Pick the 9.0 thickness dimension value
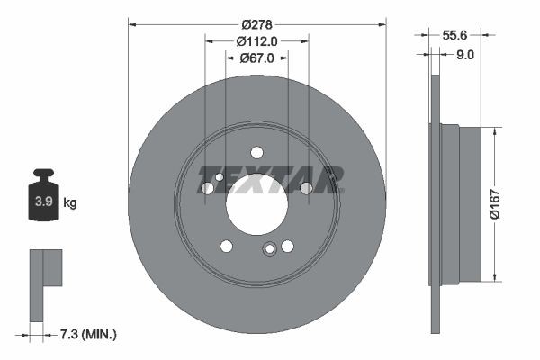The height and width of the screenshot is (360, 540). point(465,55)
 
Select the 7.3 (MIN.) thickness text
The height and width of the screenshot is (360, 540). point(87,335)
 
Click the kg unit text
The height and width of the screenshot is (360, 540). point(70,203)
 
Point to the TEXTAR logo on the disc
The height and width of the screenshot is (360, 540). point(270,178)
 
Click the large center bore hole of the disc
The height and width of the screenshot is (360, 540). point(256,206)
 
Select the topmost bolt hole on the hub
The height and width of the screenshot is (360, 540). point(256,152)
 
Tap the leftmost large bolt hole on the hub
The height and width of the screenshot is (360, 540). point(208,188)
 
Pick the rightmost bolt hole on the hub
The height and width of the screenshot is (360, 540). point(306,188)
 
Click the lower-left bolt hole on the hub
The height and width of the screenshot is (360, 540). point(227,246)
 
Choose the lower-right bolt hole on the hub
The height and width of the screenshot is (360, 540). point(287,246)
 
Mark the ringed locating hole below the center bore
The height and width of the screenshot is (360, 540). point(269,251)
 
